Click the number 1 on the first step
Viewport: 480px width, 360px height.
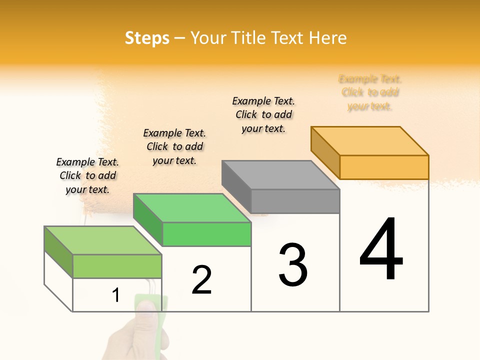tap(116, 295)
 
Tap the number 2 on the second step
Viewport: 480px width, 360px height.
tap(201, 279)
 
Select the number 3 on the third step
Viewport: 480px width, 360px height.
tap(293, 265)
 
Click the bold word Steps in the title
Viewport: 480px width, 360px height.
tap(147, 38)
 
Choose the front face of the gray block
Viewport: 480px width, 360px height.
tap(295, 201)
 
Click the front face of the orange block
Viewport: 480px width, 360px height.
tap(384, 167)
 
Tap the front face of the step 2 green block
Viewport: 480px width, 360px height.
tap(206, 234)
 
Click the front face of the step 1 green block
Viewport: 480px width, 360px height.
tap(117, 266)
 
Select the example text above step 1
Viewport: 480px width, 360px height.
tap(87, 175)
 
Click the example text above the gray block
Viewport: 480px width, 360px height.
tap(263, 114)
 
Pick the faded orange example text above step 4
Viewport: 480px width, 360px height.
tap(370, 92)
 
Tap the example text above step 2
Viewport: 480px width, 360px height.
tap(174, 146)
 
